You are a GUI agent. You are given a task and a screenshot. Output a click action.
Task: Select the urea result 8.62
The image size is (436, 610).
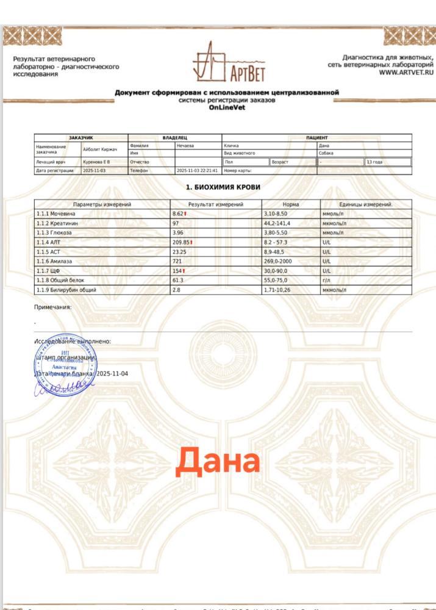[x=179, y=214]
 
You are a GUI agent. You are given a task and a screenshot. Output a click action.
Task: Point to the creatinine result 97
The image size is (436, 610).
[x=176, y=223]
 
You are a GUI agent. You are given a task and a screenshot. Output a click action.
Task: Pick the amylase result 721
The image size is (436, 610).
[x=177, y=261]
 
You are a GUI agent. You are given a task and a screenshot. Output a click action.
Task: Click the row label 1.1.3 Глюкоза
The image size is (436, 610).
[x=53, y=233]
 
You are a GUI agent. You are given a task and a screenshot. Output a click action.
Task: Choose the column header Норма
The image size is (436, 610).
[x=291, y=204]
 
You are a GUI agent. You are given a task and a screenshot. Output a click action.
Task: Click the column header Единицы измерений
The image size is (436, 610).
[x=366, y=204]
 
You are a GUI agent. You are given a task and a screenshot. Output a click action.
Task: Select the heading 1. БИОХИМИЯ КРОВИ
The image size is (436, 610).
[x=223, y=187]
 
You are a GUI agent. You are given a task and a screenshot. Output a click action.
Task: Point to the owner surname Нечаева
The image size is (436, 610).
[x=185, y=146]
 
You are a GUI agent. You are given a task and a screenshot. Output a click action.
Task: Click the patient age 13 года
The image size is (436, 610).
[x=374, y=162]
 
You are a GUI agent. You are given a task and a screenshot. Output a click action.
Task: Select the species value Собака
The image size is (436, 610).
[x=327, y=153]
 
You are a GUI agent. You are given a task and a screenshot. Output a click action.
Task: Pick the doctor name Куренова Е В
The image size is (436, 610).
[x=96, y=162]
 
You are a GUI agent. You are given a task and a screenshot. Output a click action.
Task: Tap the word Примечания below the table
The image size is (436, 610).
[x=52, y=307]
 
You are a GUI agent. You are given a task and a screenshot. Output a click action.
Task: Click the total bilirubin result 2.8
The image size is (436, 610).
[x=177, y=290]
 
